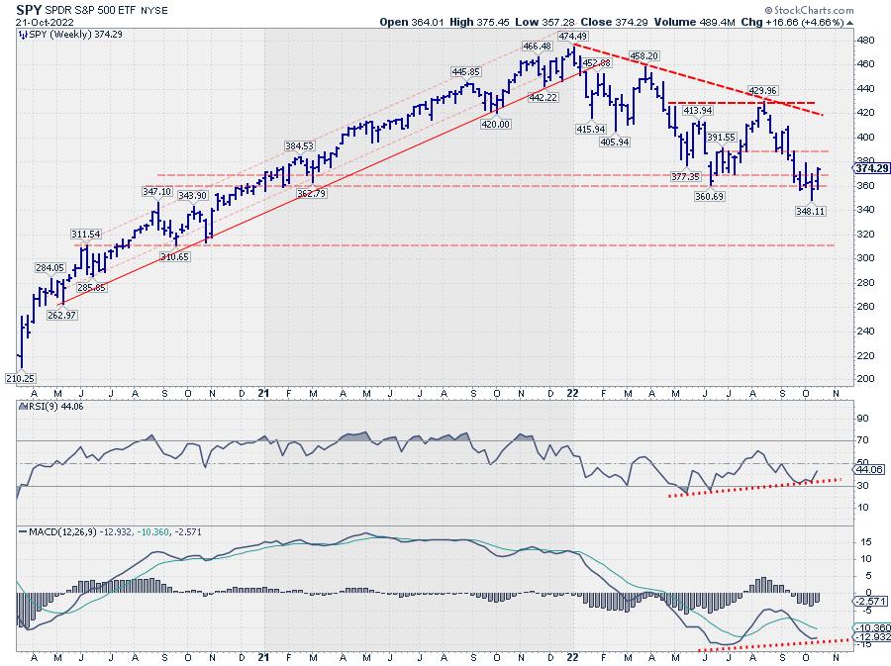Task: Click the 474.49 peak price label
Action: coord(573,36)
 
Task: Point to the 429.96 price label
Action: coord(761,90)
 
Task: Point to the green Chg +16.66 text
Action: coord(833,21)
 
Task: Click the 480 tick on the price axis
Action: coord(864,41)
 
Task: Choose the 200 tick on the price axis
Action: coord(864,379)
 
